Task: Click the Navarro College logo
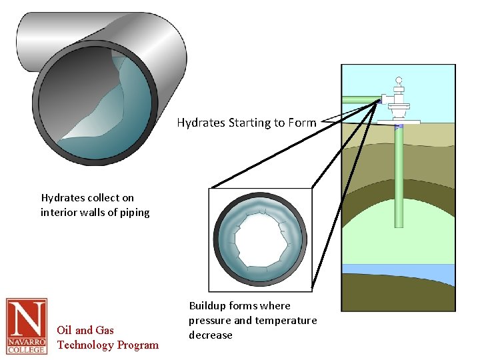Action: (27, 326)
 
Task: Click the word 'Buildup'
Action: (207, 306)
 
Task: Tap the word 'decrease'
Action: (210, 335)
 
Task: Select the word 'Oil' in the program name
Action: (65, 330)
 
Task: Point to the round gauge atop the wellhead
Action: (399, 80)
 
